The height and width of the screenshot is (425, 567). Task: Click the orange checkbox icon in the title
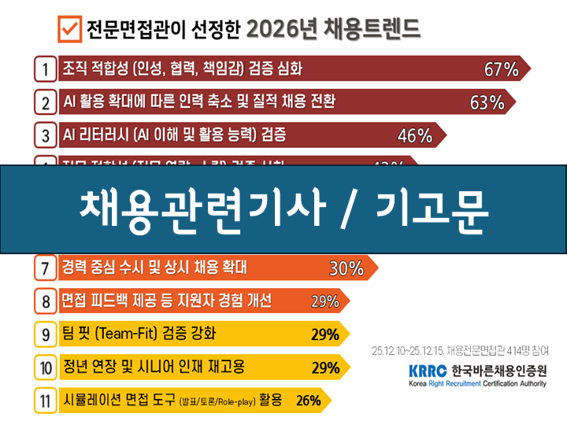coord(69,29)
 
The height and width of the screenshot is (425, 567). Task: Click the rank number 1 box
coord(46,68)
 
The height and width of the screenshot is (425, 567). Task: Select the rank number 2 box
coord(46,102)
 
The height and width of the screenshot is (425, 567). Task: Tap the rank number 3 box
coord(46,135)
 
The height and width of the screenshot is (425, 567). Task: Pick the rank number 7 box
coord(46,268)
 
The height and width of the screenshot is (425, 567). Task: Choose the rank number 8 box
coord(46,301)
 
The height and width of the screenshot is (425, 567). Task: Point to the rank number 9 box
coord(46,334)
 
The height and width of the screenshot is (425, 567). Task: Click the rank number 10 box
coord(46,367)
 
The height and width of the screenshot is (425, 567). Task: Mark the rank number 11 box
coord(46,401)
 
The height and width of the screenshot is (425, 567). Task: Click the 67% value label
coord(501,69)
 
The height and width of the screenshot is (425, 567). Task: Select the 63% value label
coord(486,102)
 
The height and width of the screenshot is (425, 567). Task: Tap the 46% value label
coord(415,135)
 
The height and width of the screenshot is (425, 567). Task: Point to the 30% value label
coord(346,268)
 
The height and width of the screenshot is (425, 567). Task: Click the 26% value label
coord(309,401)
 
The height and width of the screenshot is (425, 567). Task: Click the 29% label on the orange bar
coord(324,301)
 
